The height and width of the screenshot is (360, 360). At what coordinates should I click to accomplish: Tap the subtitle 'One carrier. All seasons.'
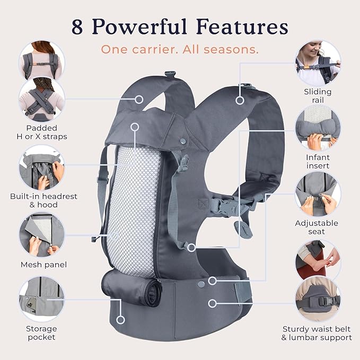pos(180,50)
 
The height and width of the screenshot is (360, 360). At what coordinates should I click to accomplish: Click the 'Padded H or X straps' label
pos(41,132)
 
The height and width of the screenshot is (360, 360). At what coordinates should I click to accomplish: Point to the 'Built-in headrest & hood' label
pos(43,200)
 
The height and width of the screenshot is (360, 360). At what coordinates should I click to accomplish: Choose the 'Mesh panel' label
pos(43,264)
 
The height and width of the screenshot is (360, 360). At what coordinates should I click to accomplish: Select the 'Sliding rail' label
pos(318,95)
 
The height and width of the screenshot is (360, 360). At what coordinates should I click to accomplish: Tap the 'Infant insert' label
pos(318,161)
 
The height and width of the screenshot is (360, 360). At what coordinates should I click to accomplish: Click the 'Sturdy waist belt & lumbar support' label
pos(317,332)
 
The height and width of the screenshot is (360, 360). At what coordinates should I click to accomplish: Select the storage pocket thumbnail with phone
pos(41,300)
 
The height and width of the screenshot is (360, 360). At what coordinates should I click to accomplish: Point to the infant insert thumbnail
pos(318,128)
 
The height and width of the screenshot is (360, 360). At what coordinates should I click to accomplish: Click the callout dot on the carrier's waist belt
pos(213,304)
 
